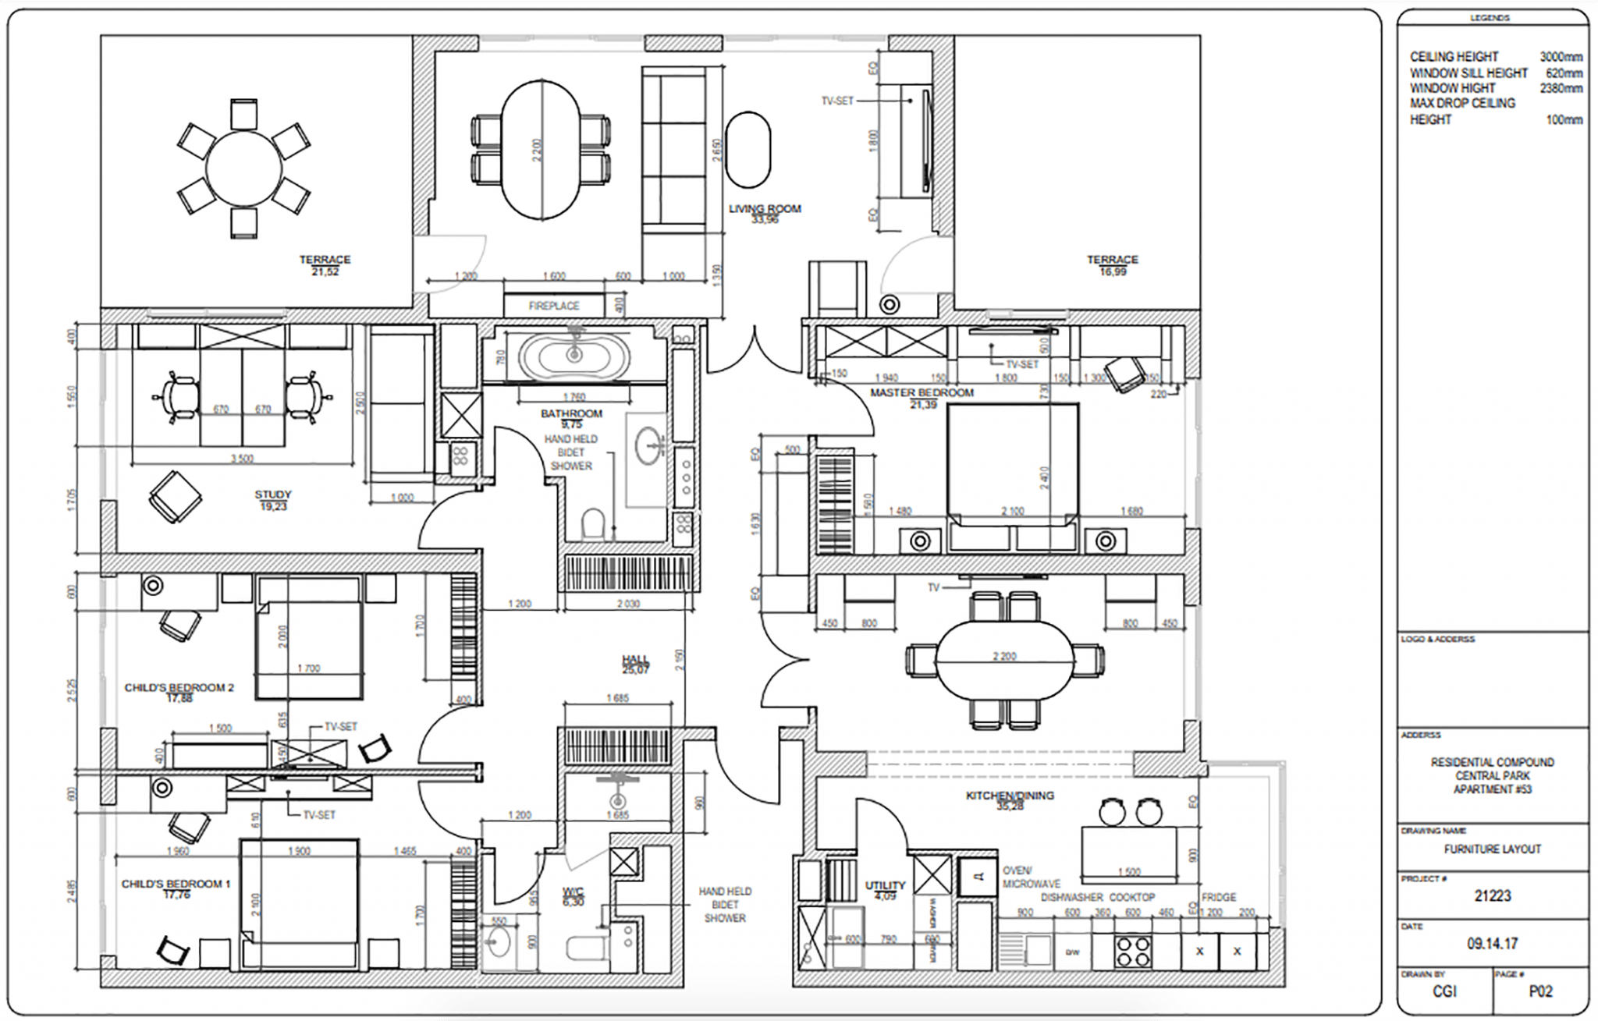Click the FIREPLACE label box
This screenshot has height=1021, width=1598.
tap(554, 306)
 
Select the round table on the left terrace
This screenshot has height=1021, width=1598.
tap(244, 168)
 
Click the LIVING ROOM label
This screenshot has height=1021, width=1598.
tap(765, 209)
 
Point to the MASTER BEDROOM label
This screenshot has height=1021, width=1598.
tap(922, 393)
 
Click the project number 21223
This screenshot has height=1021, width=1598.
tap(1492, 896)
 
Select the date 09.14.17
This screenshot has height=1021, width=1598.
tap(1492, 944)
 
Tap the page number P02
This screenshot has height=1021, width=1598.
tap(1540, 991)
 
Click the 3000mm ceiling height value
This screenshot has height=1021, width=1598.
tap(1561, 57)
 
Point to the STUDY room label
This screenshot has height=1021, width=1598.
tap(272, 495)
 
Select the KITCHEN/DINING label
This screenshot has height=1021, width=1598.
tap(1010, 796)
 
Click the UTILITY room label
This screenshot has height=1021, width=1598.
tap(885, 885)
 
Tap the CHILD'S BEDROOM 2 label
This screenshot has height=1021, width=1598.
tap(179, 688)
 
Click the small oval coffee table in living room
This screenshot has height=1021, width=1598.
tap(748, 150)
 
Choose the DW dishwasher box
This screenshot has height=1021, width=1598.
tap(1072, 952)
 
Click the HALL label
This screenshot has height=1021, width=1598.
tap(635, 659)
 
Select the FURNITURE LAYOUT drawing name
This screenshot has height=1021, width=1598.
tap(1492, 849)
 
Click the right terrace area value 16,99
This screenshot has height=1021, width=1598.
tap(1113, 271)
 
